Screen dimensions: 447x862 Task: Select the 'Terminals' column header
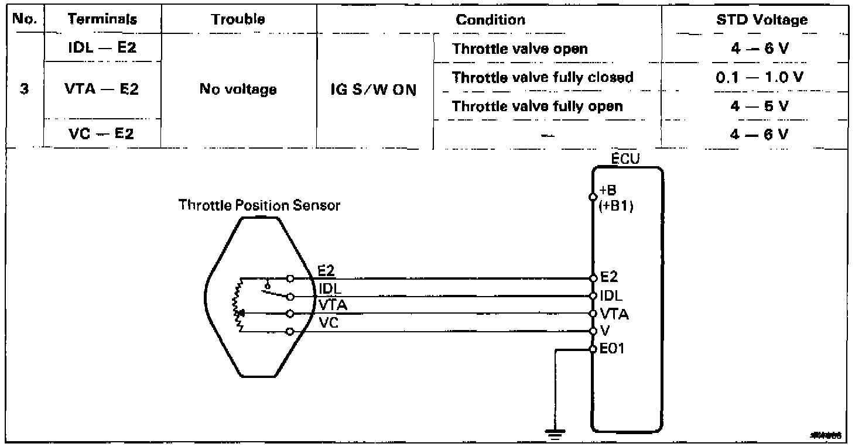pyautogui.click(x=102, y=19)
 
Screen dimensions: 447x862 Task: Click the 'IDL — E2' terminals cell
pyautogui.click(x=102, y=48)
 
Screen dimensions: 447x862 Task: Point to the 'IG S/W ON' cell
pyautogui.click(x=374, y=91)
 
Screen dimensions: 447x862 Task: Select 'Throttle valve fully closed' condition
pyautogui.click(x=543, y=77)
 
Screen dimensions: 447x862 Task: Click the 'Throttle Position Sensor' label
pyautogui.click(x=259, y=206)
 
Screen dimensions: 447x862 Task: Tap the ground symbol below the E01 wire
pyautogui.click(x=552, y=434)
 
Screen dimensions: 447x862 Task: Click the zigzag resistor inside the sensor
pyautogui.click(x=238, y=305)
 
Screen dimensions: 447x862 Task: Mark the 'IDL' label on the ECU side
pyautogui.click(x=611, y=296)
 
